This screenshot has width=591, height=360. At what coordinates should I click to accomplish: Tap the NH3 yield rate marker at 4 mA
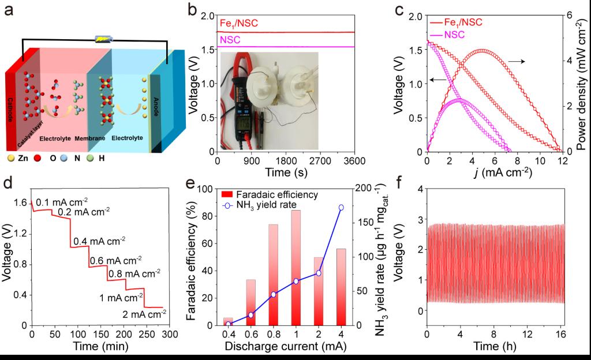(x=341, y=207)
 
